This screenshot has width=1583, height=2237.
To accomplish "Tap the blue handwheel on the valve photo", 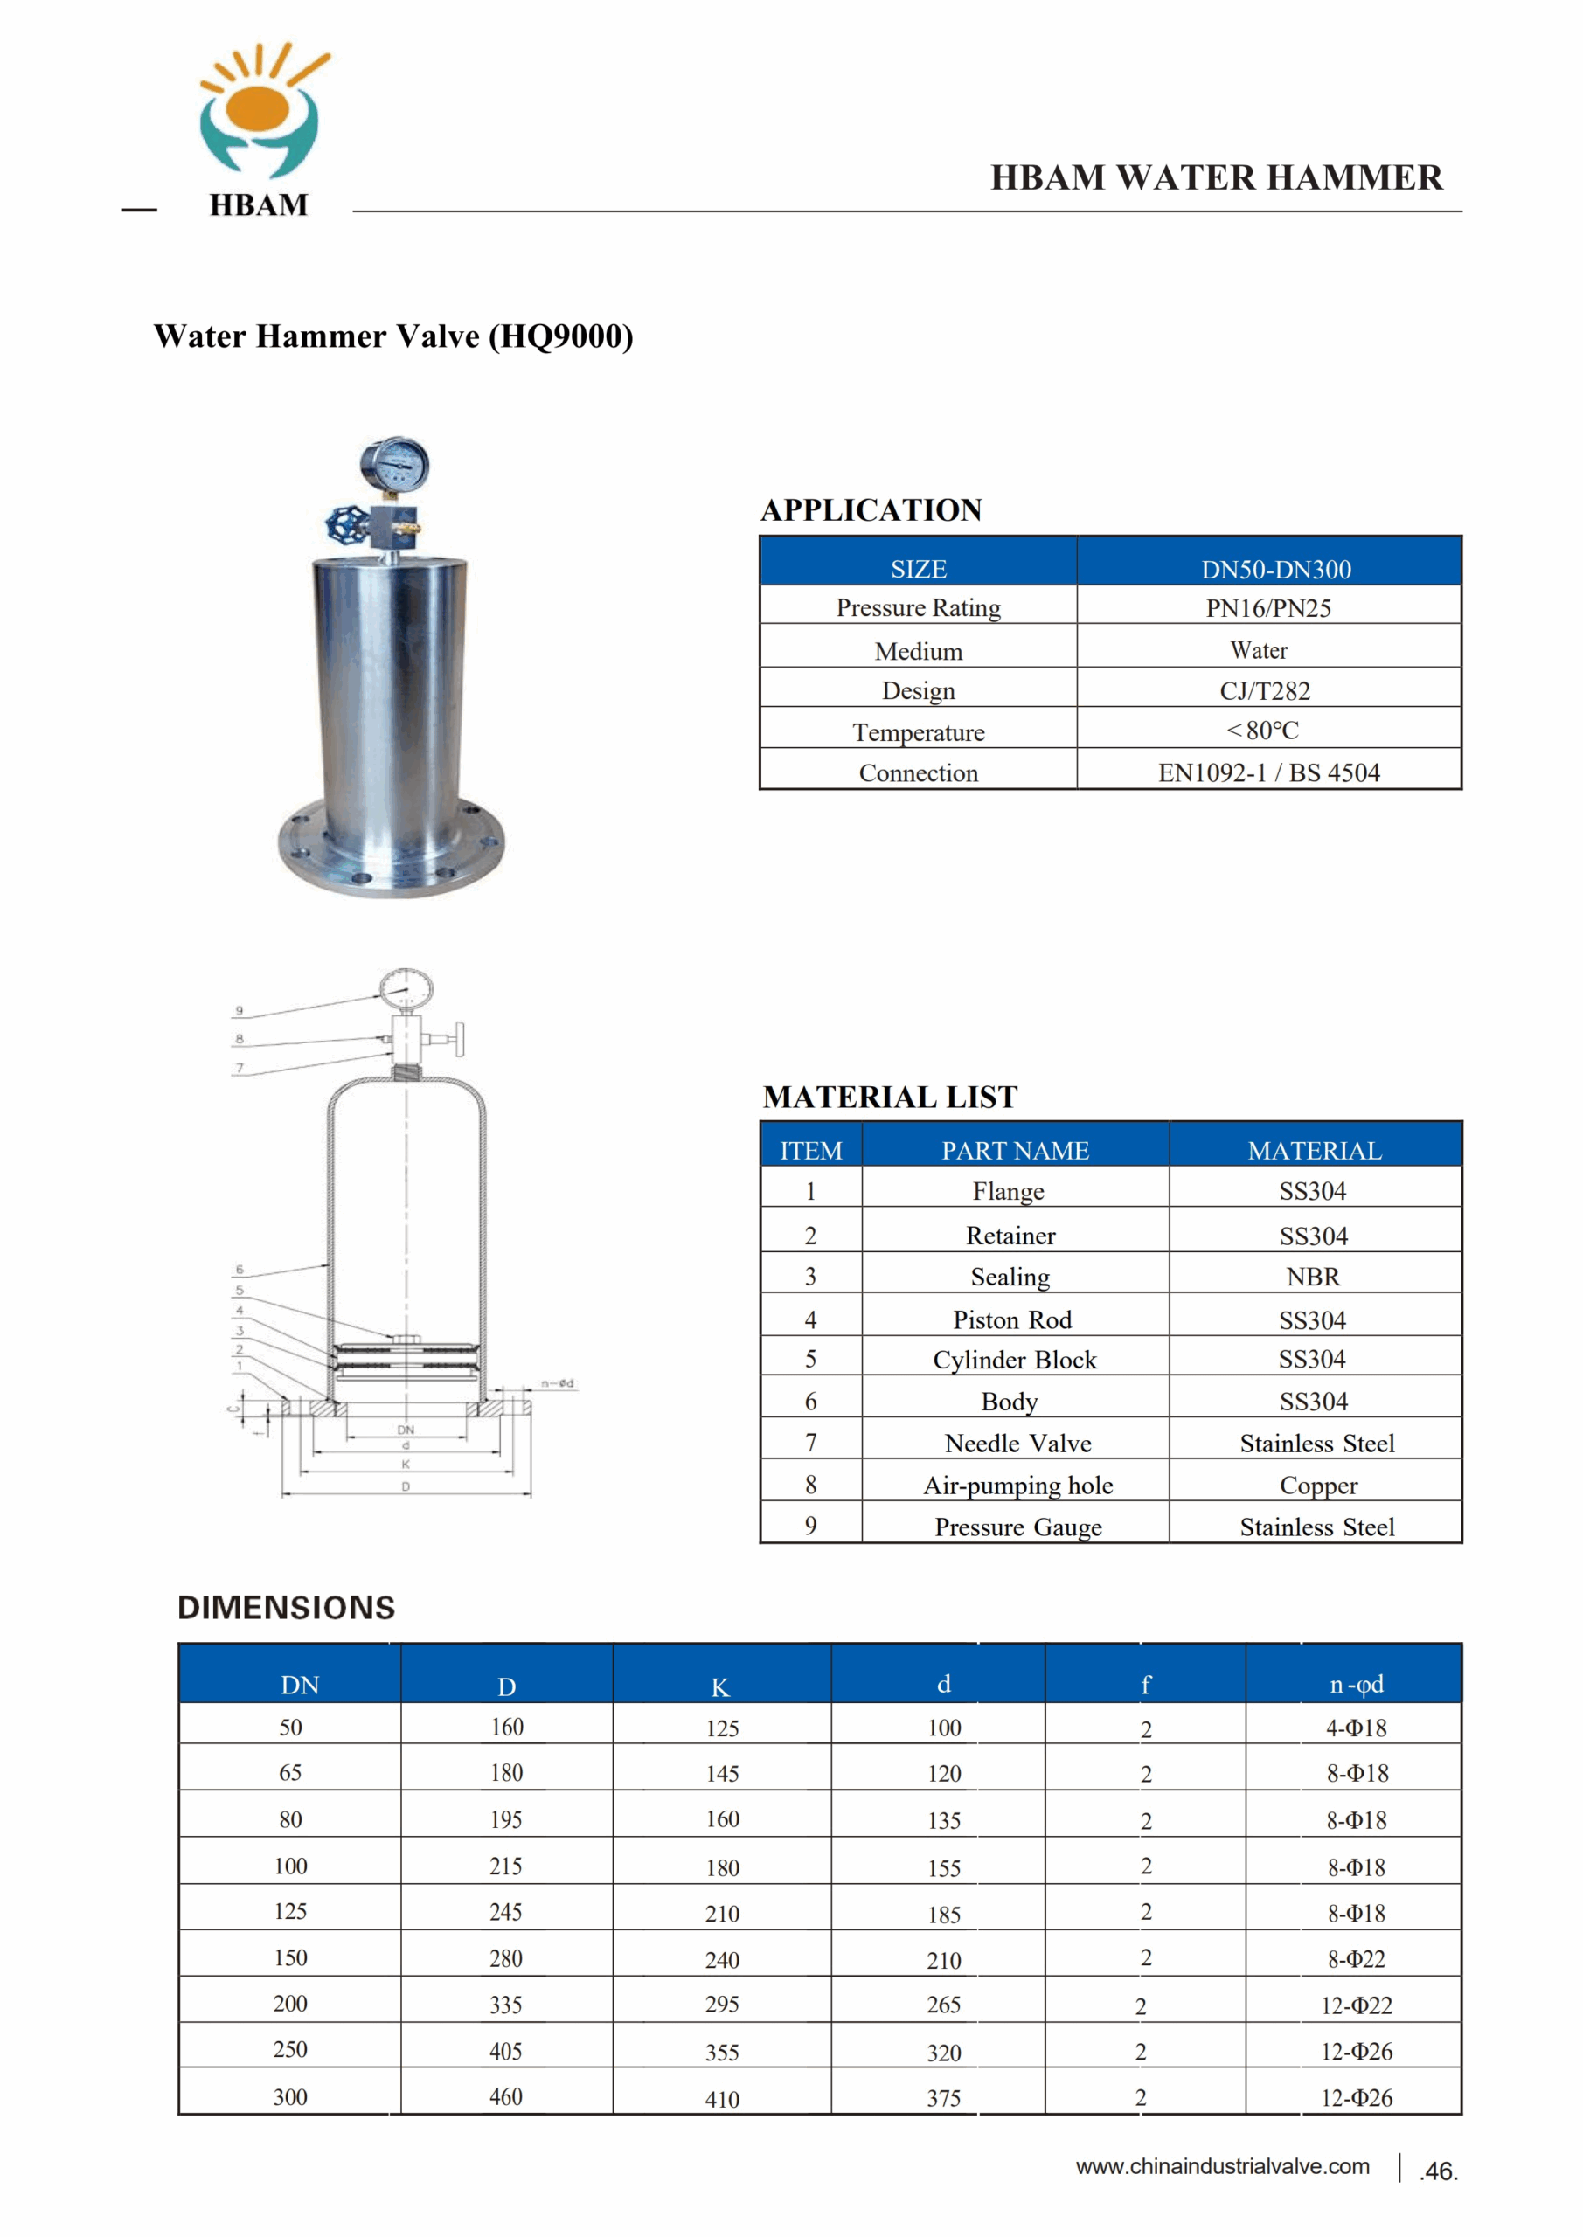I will coord(345,526).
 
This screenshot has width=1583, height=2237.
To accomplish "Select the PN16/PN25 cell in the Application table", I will coord(1268,608).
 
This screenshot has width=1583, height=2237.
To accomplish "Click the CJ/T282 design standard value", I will coord(1264,691).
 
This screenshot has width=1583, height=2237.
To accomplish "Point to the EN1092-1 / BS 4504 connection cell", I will coord(1268,772).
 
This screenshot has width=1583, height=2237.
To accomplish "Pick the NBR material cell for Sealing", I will coord(1313,1277).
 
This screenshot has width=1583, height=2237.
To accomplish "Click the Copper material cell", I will coord(1318,1486).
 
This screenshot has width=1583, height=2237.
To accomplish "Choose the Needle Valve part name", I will coord(1017,1443).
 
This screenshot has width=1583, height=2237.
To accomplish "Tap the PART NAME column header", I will coord(1015,1151).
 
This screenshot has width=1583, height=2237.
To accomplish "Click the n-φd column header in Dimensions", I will coord(1356,1685).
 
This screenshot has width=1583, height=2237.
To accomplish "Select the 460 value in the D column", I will coord(506,2096).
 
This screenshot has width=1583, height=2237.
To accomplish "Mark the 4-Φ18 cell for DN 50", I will coord(1356,1728).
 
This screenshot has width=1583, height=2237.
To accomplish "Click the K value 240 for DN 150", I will coord(722,1959).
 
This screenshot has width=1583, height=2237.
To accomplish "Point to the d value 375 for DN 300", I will coord(943,2099).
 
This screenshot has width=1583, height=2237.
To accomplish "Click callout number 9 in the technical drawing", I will coord(240,1011).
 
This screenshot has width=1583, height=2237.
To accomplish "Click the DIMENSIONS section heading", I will coord(287,1608).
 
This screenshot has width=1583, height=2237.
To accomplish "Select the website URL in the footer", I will coord(1222,2167).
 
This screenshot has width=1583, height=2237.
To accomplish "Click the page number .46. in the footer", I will coord(1439,2171).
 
